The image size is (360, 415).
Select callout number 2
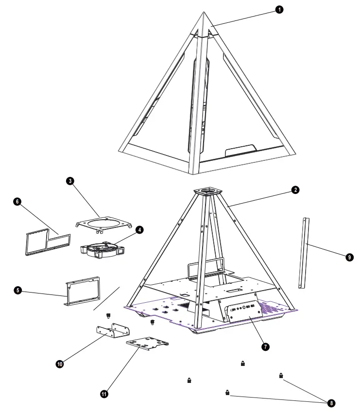pyautogui.click(x=295, y=190)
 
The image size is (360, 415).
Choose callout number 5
pyautogui.click(x=17, y=290)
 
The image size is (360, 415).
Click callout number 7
pyautogui.click(x=265, y=346)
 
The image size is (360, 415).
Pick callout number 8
pyautogui.click(x=331, y=403)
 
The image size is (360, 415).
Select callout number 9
pyautogui.click(x=349, y=258)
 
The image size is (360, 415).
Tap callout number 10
pyautogui.click(x=60, y=363)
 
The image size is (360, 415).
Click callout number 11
pyautogui.click(x=103, y=394)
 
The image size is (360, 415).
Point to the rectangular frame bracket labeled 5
pyautogui.click(x=83, y=292)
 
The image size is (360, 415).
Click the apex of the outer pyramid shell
pyautogui.click(x=204, y=14)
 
